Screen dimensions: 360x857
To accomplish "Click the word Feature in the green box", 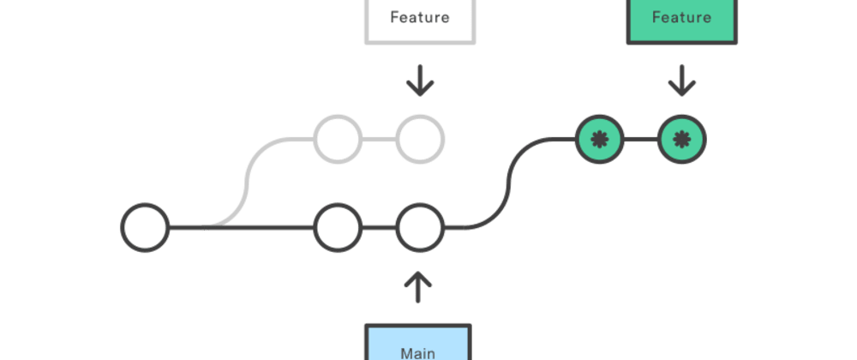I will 680,17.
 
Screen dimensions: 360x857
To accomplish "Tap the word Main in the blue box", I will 417,351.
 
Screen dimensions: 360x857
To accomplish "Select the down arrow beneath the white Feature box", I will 419,83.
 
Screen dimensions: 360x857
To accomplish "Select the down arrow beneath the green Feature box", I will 681,83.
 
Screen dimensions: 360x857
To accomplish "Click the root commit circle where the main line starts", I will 144,228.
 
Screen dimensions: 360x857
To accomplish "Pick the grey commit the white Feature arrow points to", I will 419,138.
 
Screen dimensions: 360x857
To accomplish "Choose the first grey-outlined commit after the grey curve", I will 337,138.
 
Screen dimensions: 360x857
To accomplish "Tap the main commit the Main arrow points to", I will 419,228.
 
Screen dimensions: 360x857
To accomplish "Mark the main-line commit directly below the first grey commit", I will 337,228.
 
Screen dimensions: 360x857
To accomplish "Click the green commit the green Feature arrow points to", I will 681,138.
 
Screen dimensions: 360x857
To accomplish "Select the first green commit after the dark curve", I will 599,138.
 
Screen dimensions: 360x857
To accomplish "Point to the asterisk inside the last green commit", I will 681,138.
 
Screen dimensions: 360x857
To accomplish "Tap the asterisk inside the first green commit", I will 599,138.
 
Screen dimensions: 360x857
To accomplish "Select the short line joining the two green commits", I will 640,138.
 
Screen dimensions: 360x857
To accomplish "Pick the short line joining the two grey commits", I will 378,138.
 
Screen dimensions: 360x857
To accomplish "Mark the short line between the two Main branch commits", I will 378,228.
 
